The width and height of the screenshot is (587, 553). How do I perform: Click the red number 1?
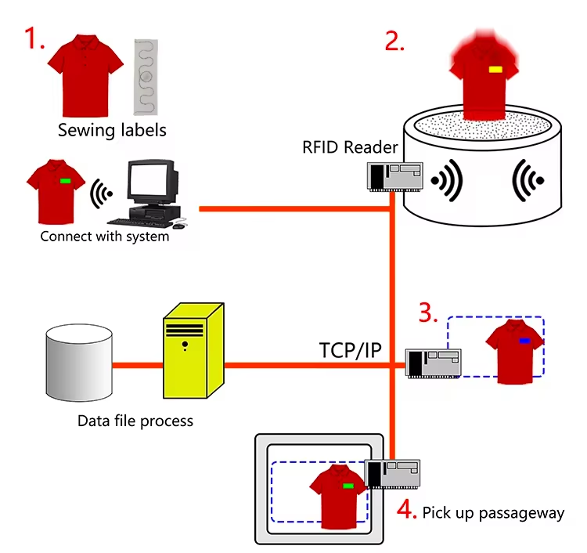(34, 37)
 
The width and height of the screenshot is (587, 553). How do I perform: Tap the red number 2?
(394, 39)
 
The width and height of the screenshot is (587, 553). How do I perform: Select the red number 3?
(427, 313)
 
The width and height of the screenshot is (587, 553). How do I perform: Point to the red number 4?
(405, 510)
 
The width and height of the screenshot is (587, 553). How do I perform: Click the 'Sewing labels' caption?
(112, 130)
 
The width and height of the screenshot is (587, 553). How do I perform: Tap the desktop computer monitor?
(151, 182)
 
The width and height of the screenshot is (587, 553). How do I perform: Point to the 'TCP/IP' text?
(350, 350)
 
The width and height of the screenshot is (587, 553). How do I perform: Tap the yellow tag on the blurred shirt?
(495, 70)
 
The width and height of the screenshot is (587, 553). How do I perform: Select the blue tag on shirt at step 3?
(524, 342)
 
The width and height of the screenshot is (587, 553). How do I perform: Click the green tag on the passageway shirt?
(348, 486)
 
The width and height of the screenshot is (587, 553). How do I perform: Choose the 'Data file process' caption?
(135, 421)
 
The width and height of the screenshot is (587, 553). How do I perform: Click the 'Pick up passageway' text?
(493, 513)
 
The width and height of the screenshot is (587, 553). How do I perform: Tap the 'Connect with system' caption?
(105, 236)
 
